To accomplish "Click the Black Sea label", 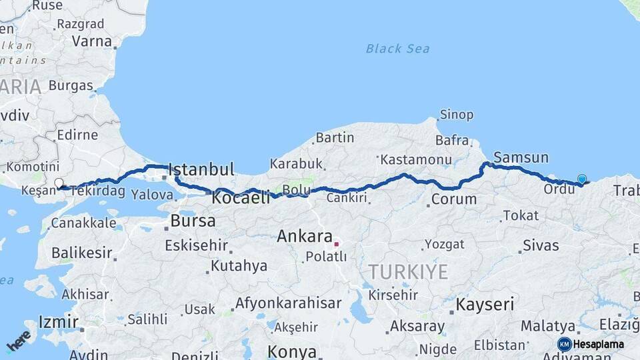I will (x=397, y=49).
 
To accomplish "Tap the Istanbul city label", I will (x=201, y=170).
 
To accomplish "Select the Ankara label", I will (x=305, y=236).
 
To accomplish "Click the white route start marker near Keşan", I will (x=59, y=183).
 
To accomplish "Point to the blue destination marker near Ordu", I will (x=582, y=179).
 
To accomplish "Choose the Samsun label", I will (x=521, y=158).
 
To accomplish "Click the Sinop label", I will (x=457, y=115).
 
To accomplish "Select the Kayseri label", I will (x=485, y=305).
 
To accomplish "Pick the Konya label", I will (x=291, y=351).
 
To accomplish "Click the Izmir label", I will (x=59, y=321).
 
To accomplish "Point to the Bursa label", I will (x=193, y=221).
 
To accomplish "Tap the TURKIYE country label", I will (x=409, y=271).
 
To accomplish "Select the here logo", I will (x=19, y=341).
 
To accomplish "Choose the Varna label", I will (x=92, y=41).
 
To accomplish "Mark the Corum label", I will (x=454, y=199).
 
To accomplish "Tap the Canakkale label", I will (x=83, y=223).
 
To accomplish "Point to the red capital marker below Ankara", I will (x=337, y=244).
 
